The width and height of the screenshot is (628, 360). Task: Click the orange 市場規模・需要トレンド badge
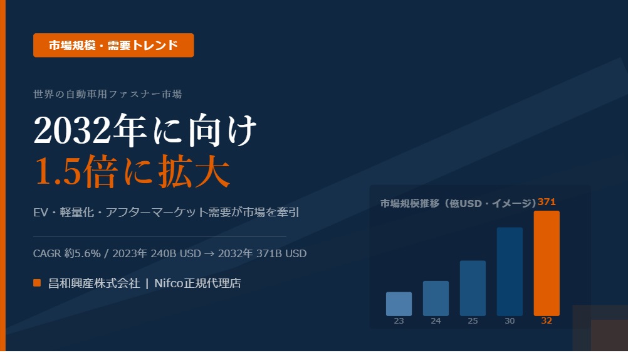click(x=113, y=45)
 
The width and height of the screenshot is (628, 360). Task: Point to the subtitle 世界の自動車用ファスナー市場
click(x=107, y=94)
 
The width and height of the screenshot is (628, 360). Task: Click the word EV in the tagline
click(x=41, y=212)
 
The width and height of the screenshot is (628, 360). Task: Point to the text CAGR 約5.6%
click(x=67, y=253)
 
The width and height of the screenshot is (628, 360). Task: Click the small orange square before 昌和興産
click(x=37, y=283)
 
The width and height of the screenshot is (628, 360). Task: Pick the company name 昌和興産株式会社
click(x=94, y=283)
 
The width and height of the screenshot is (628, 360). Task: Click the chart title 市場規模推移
click(x=410, y=203)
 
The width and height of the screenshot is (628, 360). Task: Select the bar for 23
click(x=399, y=304)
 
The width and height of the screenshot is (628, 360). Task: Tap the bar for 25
click(x=473, y=288)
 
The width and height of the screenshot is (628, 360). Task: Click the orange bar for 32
click(x=547, y=263)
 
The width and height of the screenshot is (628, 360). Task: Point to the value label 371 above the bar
click(x=547, y=202)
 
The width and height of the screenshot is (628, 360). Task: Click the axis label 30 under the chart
click(x=510, y=321)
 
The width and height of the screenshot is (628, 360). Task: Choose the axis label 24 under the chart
click(x=436, y=321)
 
